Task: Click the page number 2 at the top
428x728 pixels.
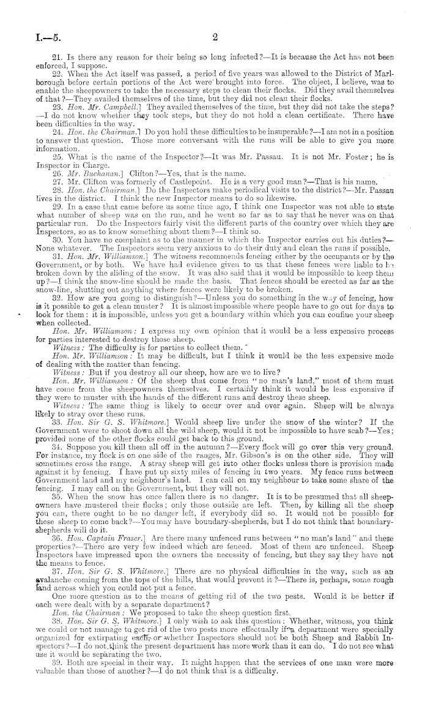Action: point(215,37)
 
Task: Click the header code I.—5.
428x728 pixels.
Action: point(29,38)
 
